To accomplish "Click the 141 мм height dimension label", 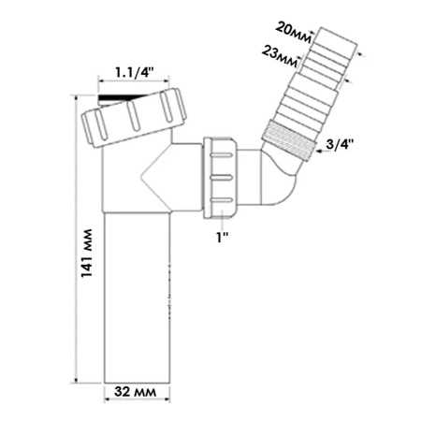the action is point(87,253).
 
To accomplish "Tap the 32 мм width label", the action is point(136,392).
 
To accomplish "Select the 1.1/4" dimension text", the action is point(135,73).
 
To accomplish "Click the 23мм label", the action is point(280,56).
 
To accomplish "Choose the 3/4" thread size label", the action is point(340,145).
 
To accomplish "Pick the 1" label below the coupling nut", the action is point(223,238).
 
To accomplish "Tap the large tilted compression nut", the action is point(134,118).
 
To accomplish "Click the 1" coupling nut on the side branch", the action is point(222,177).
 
